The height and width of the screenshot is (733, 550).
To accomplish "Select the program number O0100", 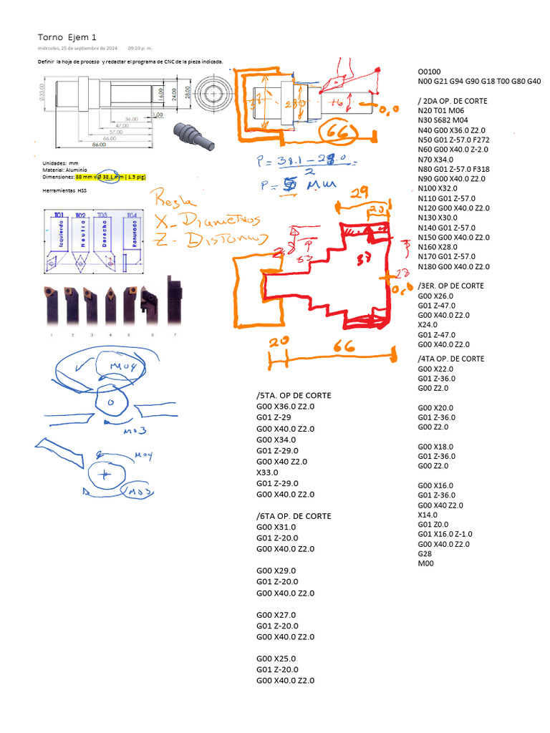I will [430, 72].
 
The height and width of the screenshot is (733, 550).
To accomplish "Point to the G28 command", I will [425, 553].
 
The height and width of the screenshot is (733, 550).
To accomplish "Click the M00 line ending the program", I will [425, 563].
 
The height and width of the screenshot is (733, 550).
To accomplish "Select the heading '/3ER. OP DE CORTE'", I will [452, 286].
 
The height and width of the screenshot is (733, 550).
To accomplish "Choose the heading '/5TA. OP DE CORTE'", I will [293, 396].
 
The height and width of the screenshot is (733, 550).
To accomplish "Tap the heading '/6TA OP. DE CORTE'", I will [293, 516].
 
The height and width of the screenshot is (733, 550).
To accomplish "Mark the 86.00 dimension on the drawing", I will [99, 145].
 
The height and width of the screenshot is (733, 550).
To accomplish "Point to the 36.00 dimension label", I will [131, 118].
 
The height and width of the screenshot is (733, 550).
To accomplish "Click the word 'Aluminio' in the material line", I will [75, 170].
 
